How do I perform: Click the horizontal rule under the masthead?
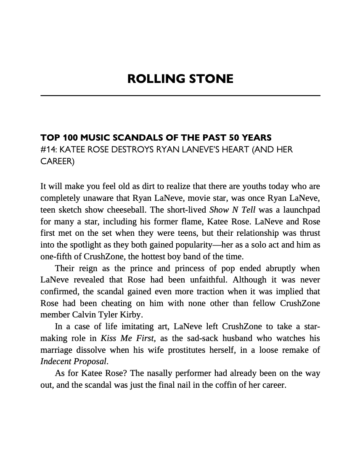[180, 96]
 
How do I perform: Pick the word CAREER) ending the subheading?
[57, 161]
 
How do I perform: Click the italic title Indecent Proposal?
[74, 361]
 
